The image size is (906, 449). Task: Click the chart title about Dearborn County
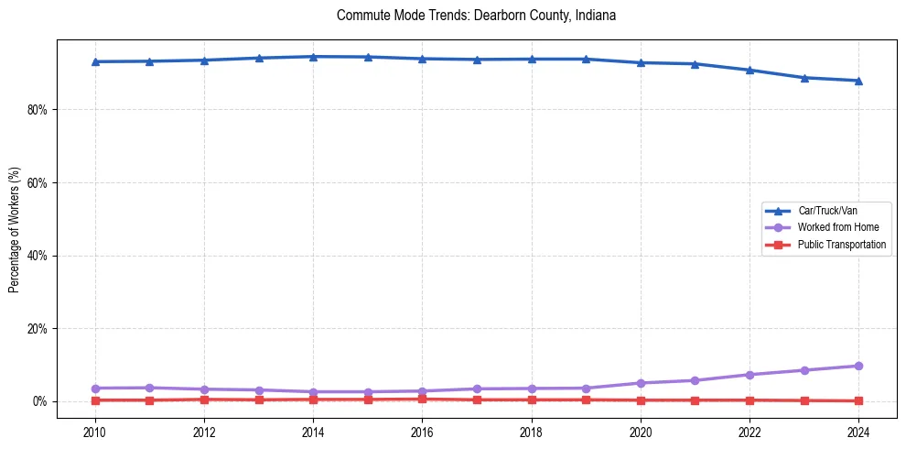[476, 16]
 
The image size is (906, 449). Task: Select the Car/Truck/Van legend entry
[827, 211]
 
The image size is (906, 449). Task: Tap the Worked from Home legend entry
[834, 227]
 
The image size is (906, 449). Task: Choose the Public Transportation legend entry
[841, 245]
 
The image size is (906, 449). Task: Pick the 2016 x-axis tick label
[422, 432]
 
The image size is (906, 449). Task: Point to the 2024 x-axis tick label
[858, 432]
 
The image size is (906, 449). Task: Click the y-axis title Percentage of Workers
[15, 229]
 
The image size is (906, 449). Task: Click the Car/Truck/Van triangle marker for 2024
[858, 81]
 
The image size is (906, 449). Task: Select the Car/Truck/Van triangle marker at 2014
[313, 57]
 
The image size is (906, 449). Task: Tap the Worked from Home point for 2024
[858, 366]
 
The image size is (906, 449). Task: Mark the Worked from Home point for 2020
[641, 383]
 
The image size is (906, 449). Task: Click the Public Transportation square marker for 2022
[750, 400]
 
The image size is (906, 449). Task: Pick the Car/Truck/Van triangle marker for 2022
[750, 70]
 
